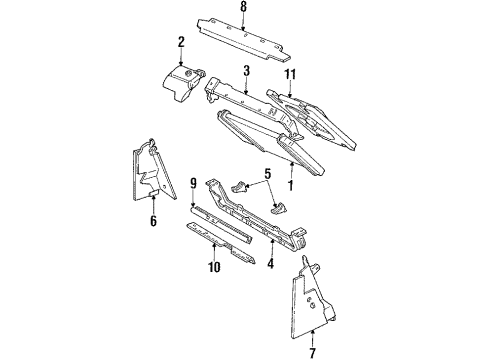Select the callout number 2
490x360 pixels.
[x=181, y=41]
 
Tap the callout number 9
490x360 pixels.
[x=192, y=184]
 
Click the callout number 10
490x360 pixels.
[x=212, y=267]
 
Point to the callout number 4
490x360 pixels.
[x=269, y=265]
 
